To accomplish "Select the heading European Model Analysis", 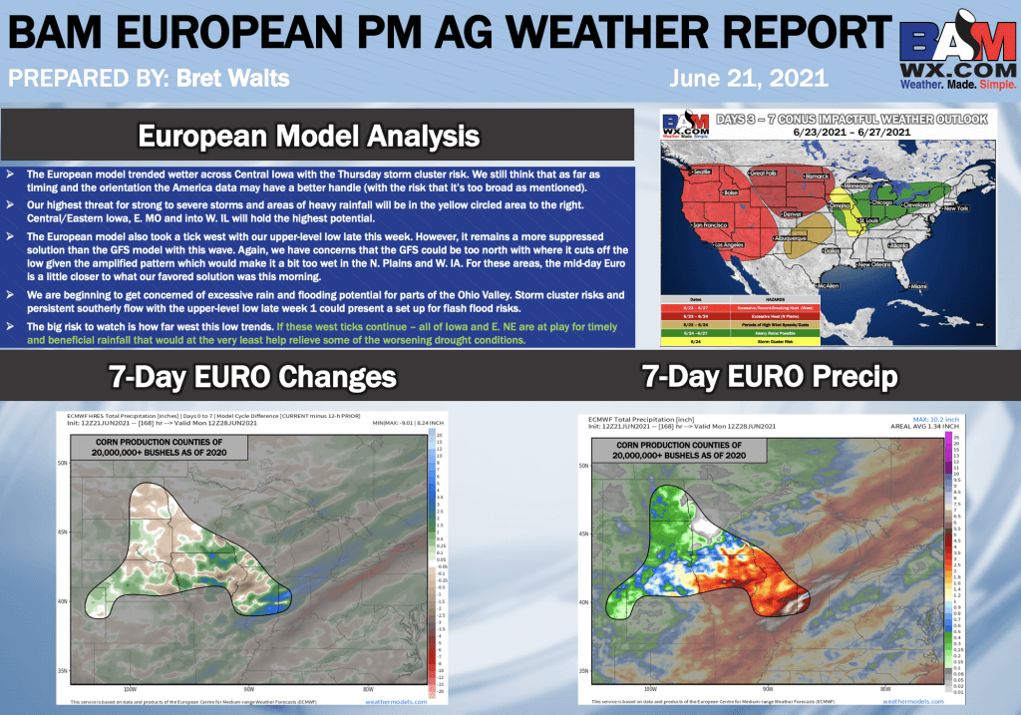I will click(x=308, y=135).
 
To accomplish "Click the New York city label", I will click(x=956, y=207).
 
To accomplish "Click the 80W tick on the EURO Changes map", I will click(x=368, y=688).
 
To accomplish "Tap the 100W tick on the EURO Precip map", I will click(x=649, y=688).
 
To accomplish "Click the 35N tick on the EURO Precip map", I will click(x=585, y=671).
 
